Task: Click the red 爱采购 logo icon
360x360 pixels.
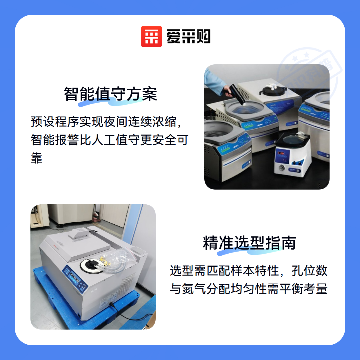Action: (x=151, y=37)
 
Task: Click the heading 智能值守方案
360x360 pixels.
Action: (x=110, y=94)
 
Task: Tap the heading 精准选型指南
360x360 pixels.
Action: (x=249, y=243)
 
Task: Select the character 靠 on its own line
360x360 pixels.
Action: (x=37, y=158)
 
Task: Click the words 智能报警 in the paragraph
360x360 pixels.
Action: (x=54, y=140)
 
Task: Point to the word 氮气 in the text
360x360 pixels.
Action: (x=194, y=289)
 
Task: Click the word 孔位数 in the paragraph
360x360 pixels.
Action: (x=309, y=270)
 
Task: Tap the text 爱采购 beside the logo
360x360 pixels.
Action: (x=188, y=37)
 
